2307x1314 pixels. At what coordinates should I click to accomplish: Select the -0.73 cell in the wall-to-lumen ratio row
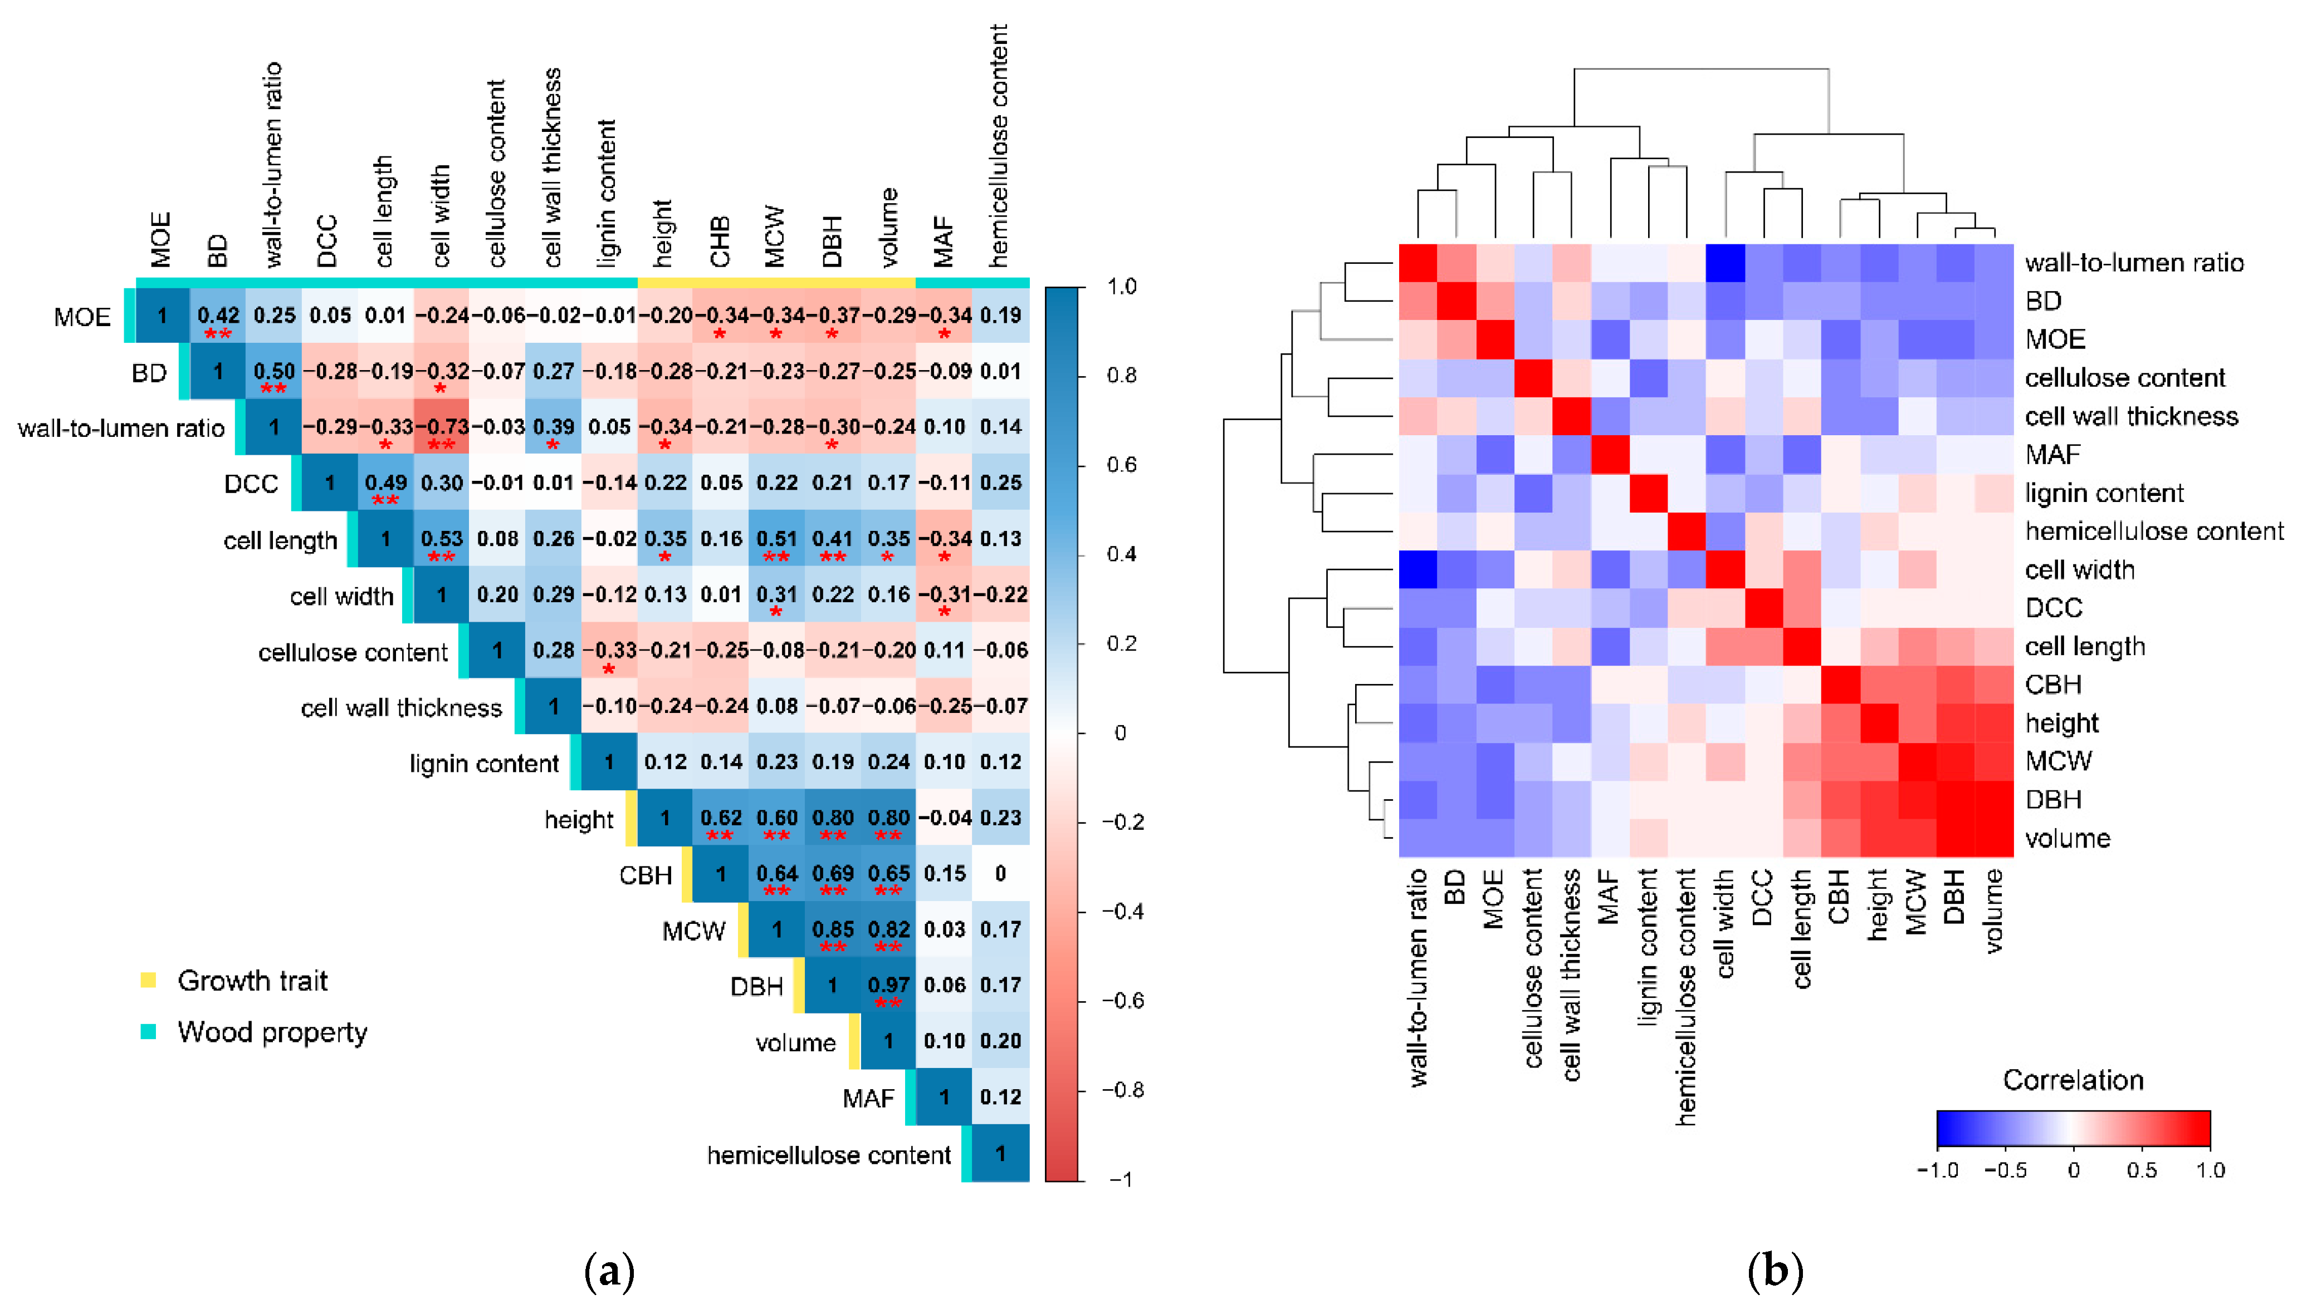pyautogui.click(x=442, y=427)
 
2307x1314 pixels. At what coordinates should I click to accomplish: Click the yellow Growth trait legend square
pyautogui.click(x=149, y=980)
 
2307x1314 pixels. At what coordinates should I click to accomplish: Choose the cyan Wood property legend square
pyautogui.click(x=149, y=1031)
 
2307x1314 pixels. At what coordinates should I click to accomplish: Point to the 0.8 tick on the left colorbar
pyautogui.click(x=1121, y=376)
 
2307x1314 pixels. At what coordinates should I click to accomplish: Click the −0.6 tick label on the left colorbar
pyautogui.click(x=1122, y=1001)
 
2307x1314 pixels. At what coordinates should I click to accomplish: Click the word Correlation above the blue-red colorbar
pyautogui.click(x=2073, y=1080)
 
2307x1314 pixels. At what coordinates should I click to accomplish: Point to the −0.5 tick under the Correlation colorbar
pyautogui.click(x=2006, y=1170)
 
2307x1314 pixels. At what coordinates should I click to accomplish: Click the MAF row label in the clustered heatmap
pyautogui.click(x=2052, y=455)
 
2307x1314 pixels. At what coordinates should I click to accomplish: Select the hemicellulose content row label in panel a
pyautogui.click(x=829, y=1155)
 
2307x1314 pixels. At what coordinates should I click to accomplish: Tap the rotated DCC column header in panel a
pyautogui.click(x=327, y=241)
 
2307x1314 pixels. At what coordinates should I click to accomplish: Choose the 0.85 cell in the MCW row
pyautogui.click(x=833, y=929)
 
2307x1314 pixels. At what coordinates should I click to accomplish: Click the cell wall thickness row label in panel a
pyautogui.click(x=401, y=707)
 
